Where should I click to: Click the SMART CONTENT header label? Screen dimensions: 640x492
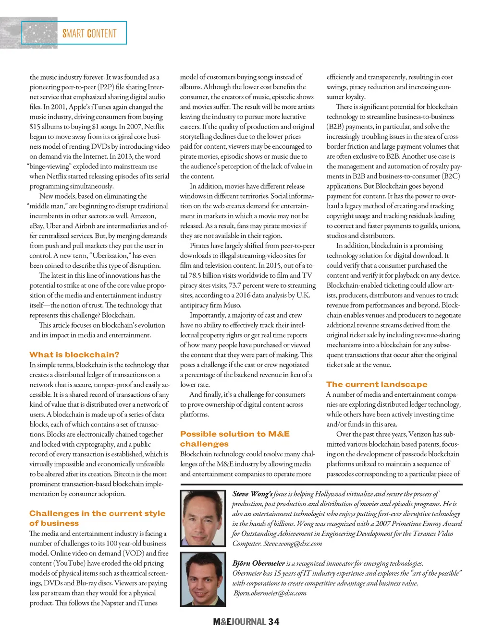click(x=89, y=34)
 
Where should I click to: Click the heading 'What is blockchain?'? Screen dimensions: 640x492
click(x=74, y=355)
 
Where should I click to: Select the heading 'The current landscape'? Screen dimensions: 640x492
click(x=377, y=384)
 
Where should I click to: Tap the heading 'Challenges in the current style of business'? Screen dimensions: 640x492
click(x=97, y=518)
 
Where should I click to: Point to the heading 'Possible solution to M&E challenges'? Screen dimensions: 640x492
click(x=235, y=439)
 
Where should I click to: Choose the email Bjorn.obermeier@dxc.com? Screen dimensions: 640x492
click(x=270, y=593)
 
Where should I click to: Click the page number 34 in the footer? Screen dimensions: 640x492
click(x=274, y=622)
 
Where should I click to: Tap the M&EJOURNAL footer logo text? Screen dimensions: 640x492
click(x=239, y=622)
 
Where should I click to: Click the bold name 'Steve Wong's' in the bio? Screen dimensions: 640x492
click(x=252, y=494)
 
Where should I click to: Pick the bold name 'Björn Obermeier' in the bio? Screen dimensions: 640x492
click(x=258, y=563)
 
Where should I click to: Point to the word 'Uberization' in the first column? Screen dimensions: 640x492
click(x=110, y=256)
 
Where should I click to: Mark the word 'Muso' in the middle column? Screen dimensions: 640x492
click(x=232, y=305)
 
